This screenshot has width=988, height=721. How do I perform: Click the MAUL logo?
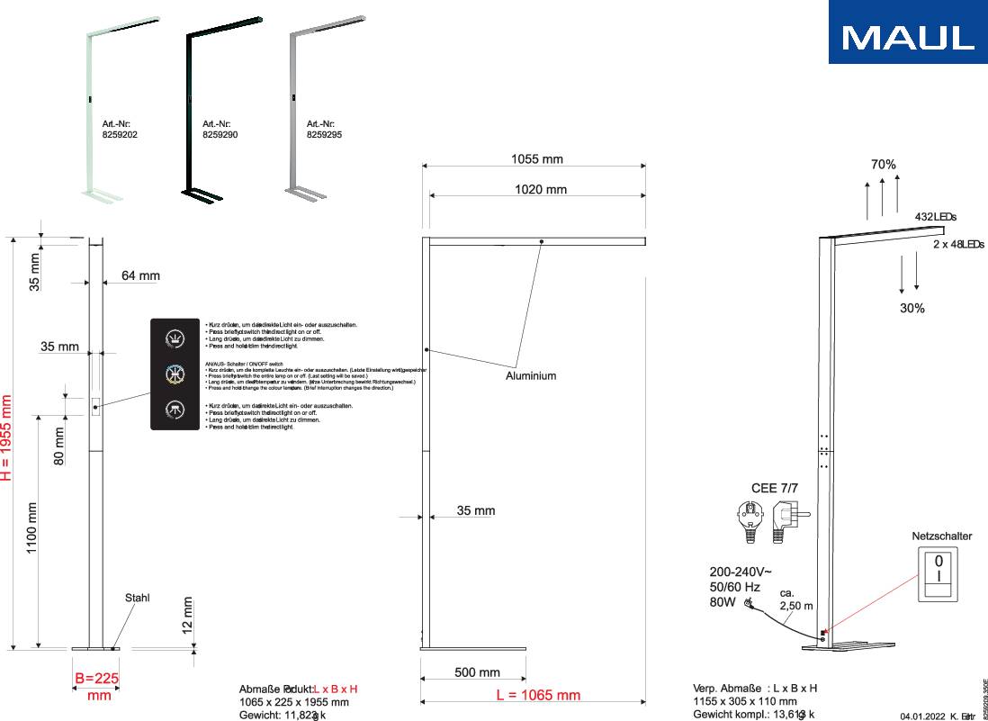coord(908,37)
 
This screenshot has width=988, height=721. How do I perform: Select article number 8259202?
coord(120,134)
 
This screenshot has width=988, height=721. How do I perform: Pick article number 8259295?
coord(324,134)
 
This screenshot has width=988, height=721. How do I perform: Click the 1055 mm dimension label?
coord(537,159)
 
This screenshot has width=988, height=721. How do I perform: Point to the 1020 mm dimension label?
coord(541,189)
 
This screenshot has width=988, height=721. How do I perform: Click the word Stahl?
coord(138,598)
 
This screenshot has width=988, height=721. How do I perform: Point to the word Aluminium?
coord(530,375)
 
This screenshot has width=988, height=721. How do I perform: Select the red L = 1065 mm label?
coord(538,695)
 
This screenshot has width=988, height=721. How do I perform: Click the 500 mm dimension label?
coord(476,672)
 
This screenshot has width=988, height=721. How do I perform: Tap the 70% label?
coord(883,165)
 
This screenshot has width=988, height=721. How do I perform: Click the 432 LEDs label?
coord(935,217)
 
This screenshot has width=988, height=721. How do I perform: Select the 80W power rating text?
coord(723,602)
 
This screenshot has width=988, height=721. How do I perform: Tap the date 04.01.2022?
coord(922,715)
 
